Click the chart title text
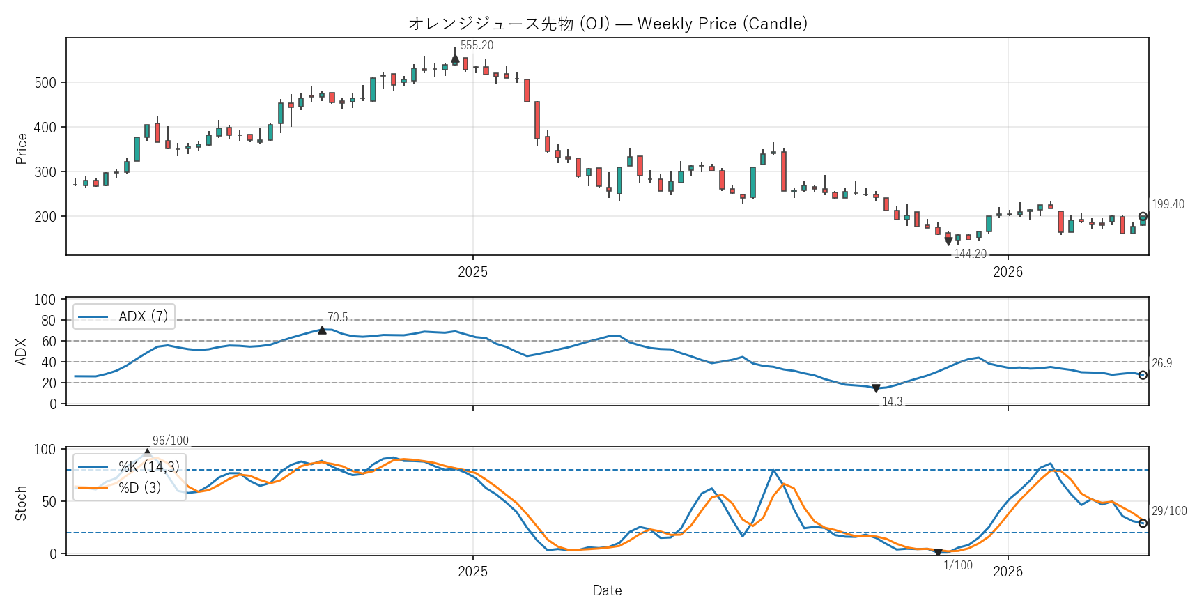point(608,24)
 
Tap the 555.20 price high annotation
point(477,45)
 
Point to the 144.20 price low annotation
point(970,254)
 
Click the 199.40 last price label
point(1168,204)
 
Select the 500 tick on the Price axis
point(45,83)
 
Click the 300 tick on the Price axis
point(45,172)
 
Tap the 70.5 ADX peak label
point(337,317)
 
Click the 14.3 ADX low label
point(892,401)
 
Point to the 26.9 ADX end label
point(1161,363)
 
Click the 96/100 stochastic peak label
point(171,441)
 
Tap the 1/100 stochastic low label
point(958,565)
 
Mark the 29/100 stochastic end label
point(1169,511)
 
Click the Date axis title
point(607,590)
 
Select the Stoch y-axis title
point(21,503)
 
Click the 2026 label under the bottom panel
point(1008,572)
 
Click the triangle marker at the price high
point(455,59)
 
